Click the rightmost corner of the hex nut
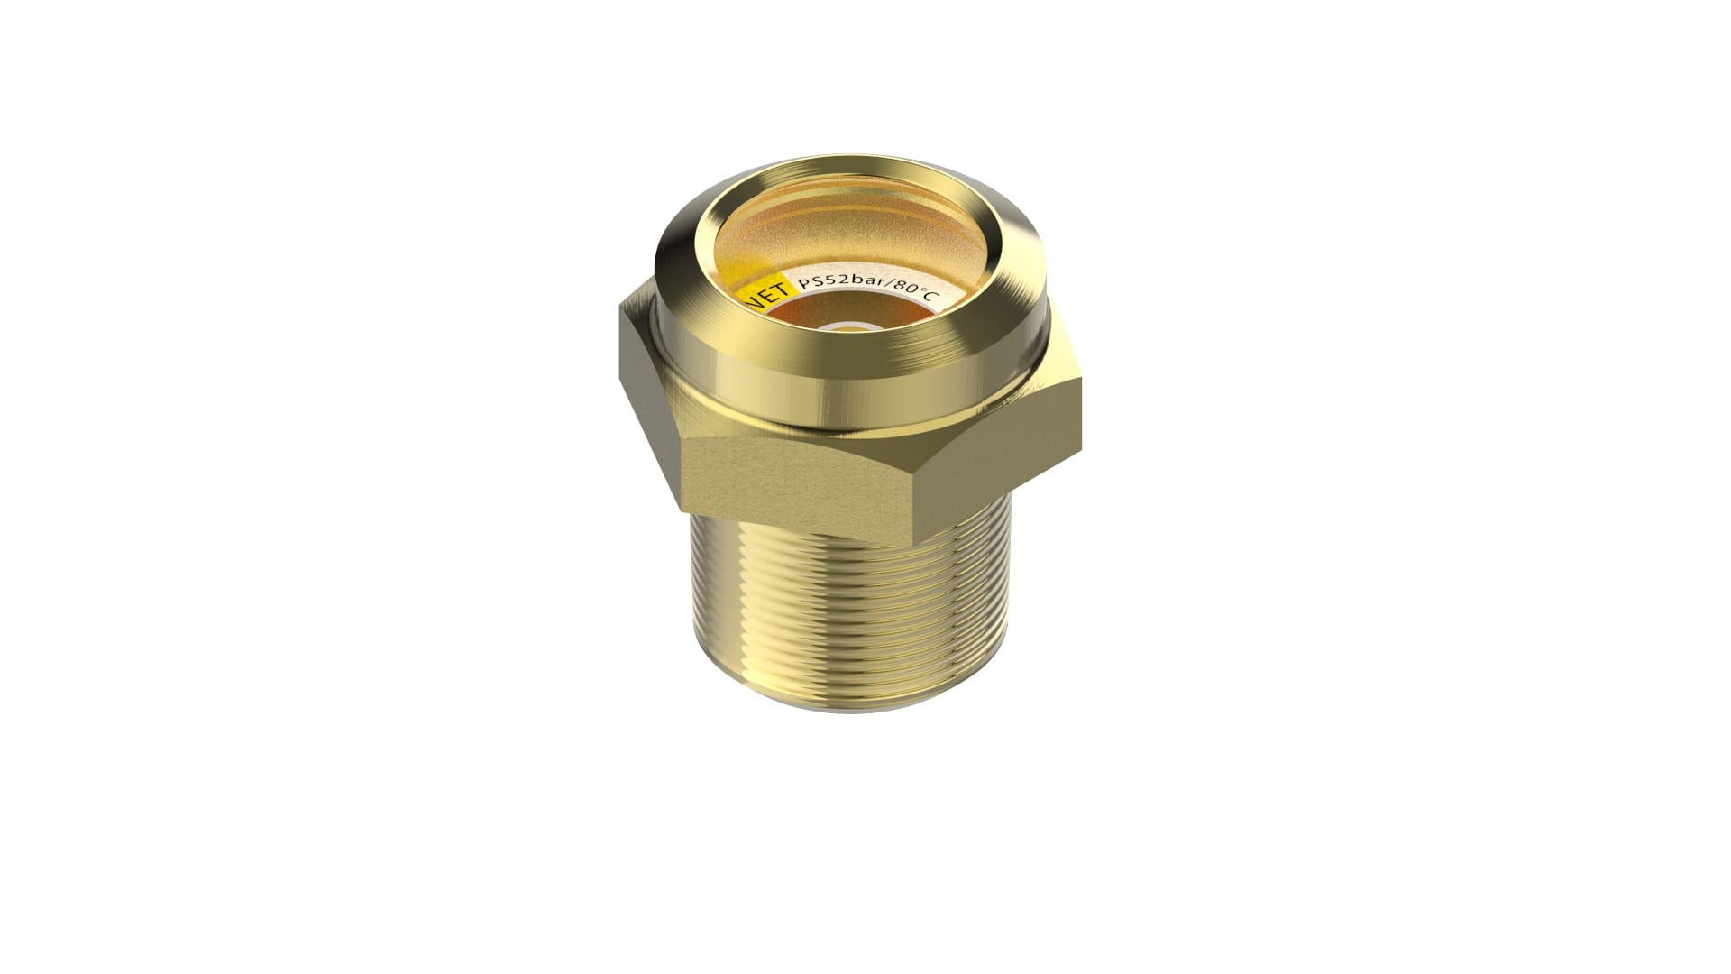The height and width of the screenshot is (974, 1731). click(x=1080, y=379)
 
